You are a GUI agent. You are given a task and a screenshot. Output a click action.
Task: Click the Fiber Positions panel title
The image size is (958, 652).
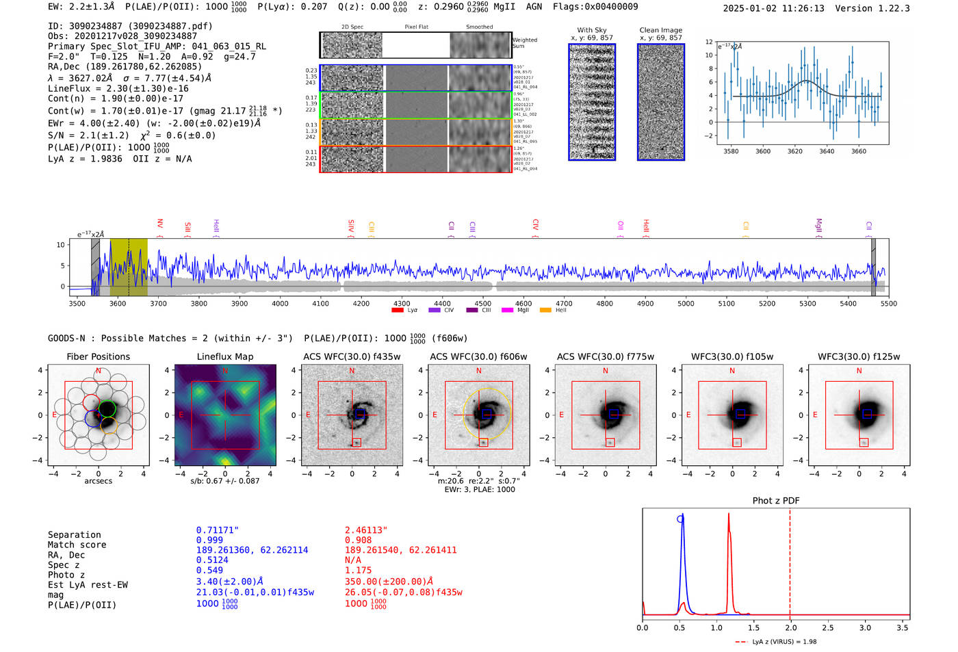pos(98,356)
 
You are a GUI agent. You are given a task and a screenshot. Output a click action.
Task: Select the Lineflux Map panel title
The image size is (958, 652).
pos(225,356)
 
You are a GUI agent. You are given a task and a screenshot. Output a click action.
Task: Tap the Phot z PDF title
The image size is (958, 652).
pos(776,501)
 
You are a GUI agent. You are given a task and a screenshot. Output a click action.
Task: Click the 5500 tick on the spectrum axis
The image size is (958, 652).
pos(888,304)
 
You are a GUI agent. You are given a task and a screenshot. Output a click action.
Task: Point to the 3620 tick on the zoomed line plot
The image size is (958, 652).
pos(794,151)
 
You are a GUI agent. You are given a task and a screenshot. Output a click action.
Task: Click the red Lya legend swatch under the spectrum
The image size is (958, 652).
pos(397,311)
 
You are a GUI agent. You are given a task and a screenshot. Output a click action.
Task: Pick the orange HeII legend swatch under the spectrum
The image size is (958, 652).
pos(545,311)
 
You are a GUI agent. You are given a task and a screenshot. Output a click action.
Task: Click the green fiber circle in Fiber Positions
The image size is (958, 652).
pos(107,409)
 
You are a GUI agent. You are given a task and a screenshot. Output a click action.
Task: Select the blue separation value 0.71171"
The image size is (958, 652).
pos(217,530)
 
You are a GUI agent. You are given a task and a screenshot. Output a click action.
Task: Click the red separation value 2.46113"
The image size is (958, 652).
pos(366,530)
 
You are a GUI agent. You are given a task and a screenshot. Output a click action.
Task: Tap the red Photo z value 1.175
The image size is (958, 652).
pos(358,570)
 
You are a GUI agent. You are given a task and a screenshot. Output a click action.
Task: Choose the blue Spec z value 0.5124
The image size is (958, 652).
pos(212,560)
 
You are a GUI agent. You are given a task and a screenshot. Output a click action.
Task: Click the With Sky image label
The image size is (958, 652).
pos(592,30)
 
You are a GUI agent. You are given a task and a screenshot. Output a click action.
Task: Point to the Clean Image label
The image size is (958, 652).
pos(660,30)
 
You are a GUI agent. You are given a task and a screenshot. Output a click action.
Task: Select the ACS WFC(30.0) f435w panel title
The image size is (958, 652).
pos(352,356)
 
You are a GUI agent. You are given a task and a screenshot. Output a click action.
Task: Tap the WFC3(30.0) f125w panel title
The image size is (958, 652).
pos(859,356)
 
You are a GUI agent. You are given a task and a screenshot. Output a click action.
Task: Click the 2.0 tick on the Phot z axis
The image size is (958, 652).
pos(790,627)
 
